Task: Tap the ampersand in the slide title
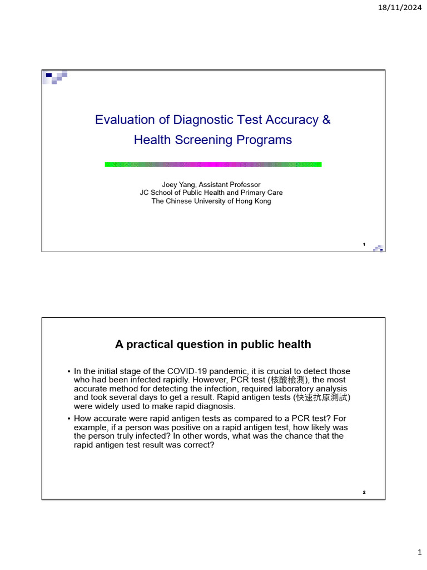point(326,120)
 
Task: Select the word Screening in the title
point(202,140)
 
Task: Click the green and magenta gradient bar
point(213,164)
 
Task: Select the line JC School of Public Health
point(211,193)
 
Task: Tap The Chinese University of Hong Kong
point(211,201)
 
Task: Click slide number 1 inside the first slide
point(364,244)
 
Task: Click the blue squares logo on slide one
point(56,77)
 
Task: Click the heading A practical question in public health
point(213,345)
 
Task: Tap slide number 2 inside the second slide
point(364,492)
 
